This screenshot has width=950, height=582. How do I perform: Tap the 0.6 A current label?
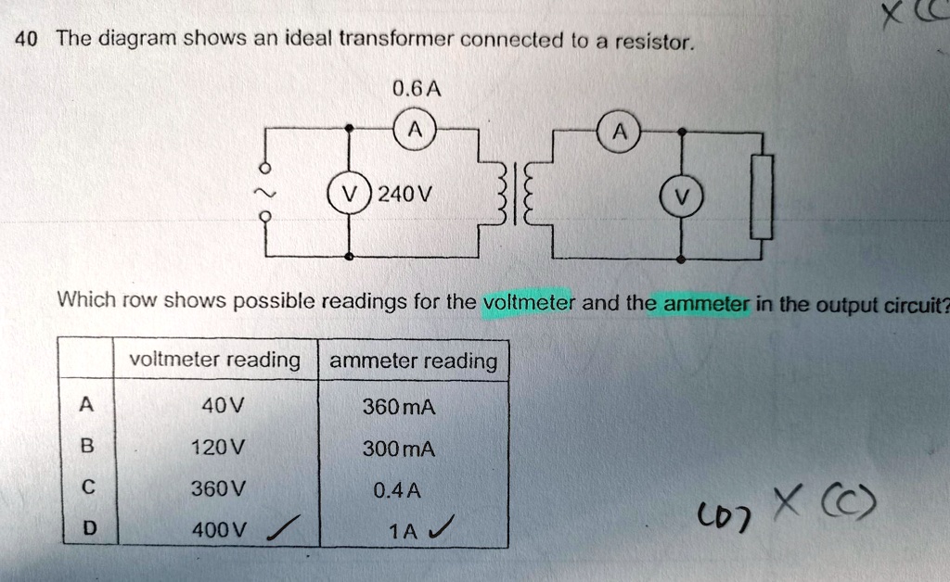click(x=416, y=90)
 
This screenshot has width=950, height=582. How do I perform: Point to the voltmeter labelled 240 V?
click(x=349, y=196)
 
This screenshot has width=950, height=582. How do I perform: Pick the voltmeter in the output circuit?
click(x=683, y=196)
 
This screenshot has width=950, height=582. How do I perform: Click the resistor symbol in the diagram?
click(x=762, y=196)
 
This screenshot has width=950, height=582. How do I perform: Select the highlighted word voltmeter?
click(x=530, y=302)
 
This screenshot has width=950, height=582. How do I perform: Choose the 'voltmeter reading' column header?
click(x=215, y=360)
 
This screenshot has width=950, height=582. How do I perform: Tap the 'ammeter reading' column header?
click(x=413, y=361)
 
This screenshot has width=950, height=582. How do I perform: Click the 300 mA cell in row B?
click(x=399, y=449)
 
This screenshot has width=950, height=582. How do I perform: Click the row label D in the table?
click(x=88, y=529)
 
